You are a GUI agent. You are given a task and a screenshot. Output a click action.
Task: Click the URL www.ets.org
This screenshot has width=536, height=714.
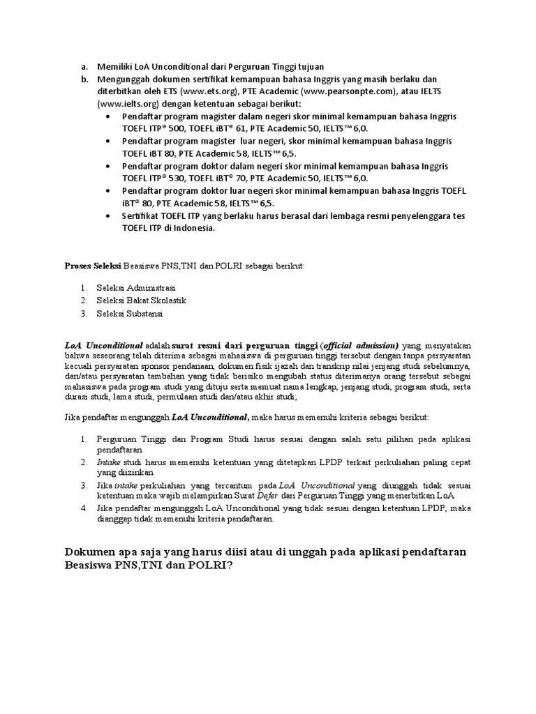point(202,91)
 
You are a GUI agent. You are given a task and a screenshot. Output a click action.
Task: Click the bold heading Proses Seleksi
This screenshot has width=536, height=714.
point(93,266)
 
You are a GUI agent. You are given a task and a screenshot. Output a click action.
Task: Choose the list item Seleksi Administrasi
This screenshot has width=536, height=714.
point(136,287)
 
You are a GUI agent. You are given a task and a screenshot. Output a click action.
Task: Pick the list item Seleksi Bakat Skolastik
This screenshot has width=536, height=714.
point(141,301)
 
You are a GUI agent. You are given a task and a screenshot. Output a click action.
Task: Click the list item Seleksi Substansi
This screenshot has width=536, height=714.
point(129,314)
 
